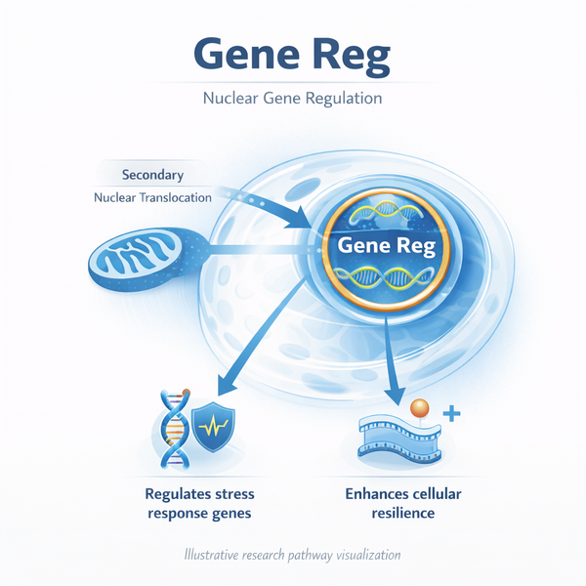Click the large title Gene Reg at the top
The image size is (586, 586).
(292, 56)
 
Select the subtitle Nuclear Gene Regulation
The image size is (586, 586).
(292, 100)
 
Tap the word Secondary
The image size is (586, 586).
(152, 176)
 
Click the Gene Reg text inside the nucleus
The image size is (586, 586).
(383, 246)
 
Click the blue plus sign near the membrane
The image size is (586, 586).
(451, 414)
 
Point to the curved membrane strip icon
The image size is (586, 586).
(399, 436)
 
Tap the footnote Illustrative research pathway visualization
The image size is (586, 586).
(293, 555)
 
